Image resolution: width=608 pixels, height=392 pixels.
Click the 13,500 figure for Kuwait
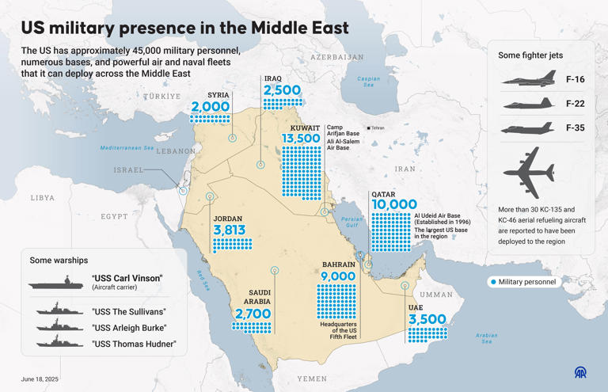click(302, 139)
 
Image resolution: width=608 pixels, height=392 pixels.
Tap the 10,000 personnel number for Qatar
click(393, 204)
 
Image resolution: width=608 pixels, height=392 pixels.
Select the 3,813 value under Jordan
click(229, 230)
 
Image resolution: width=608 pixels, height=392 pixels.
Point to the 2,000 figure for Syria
click(211, 107)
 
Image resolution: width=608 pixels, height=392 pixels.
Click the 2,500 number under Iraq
click(282, 90)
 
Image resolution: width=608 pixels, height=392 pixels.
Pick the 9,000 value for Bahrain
click(338, 276)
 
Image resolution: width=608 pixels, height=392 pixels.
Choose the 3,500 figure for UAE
click(427, 319)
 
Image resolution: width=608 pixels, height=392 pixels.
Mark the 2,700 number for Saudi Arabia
click(253, 314)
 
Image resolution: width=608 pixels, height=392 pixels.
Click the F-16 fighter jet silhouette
click(529, 80)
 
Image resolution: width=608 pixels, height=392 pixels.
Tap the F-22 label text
click(576, 104)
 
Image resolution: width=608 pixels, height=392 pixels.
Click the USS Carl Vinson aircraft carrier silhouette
click(58, 282)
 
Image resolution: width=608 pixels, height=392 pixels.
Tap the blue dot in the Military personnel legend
click(493, 282)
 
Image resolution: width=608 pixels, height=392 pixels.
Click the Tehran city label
click(377, 127)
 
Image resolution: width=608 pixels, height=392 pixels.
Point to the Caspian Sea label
click(368, 82)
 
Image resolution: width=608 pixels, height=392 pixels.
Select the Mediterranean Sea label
click(126, 148)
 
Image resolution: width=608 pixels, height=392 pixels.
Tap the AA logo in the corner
click(581, 372)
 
